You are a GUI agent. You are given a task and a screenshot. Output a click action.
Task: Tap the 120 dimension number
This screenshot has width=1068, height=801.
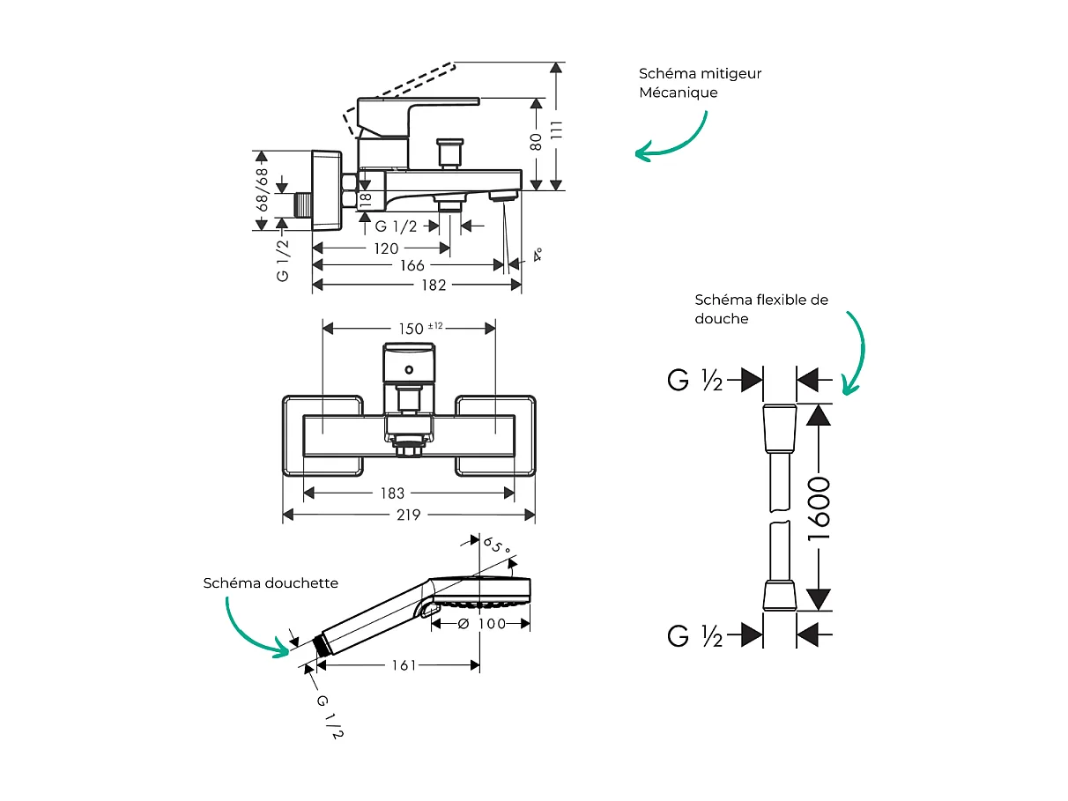tap(386, 248)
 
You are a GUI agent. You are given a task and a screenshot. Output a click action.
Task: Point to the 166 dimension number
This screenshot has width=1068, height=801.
tap(412, 265)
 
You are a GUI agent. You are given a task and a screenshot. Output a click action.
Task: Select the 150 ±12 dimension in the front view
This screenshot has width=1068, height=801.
tap(419, 328)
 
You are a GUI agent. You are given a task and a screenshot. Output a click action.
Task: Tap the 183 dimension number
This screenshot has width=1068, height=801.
tap(392, 493)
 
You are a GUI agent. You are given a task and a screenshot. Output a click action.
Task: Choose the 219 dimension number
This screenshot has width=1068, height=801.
tap(408, 515)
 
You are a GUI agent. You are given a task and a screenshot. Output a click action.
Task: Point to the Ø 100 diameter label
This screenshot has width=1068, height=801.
tap(480, 624)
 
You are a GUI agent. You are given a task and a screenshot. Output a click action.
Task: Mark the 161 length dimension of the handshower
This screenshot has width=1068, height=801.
tap(404, 665)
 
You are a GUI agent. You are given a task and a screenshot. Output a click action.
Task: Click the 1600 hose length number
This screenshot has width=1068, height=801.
tap(819, 508)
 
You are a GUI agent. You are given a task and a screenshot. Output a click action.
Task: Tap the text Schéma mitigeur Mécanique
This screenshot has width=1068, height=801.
tap(700, 83)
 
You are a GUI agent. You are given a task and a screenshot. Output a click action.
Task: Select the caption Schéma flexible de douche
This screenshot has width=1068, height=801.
tap(760, 309)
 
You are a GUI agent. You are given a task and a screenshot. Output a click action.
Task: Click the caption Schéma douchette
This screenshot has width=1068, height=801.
tap(271, 582)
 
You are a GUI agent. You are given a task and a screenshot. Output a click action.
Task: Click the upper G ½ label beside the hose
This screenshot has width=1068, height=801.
tap(695, 381)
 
